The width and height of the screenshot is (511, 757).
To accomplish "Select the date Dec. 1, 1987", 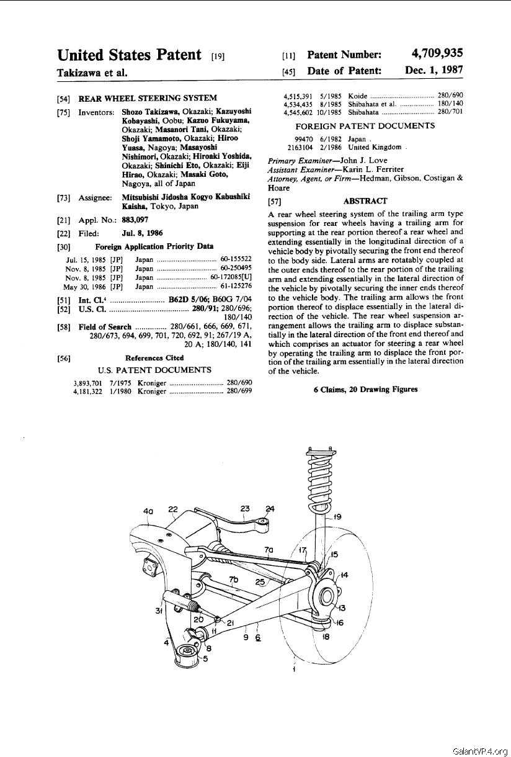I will point(433,70).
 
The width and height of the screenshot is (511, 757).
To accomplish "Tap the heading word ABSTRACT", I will point(365,201).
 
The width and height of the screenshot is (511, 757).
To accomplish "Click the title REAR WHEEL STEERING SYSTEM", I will point(148,97).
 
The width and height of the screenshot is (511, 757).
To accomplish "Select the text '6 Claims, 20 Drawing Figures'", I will point(365,390).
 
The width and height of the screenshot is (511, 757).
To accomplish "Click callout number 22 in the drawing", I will point(172,509).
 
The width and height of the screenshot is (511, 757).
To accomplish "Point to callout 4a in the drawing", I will point(148,511).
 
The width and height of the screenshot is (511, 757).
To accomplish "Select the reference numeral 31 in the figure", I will point(159,611).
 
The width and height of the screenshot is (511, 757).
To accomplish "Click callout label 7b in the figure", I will point(233,580).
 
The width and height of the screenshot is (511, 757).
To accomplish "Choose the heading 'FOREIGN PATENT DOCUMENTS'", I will point(365,126).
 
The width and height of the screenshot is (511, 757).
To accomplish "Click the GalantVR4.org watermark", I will point(481,751).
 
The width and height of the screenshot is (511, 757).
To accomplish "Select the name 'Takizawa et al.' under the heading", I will point(92,73).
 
